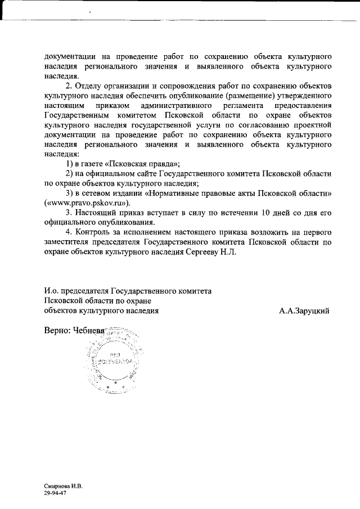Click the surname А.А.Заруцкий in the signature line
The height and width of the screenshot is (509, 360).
pos(304,310)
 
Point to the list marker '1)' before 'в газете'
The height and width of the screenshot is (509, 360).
pos(70,164)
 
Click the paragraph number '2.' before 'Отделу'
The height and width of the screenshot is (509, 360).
pos(70,85)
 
